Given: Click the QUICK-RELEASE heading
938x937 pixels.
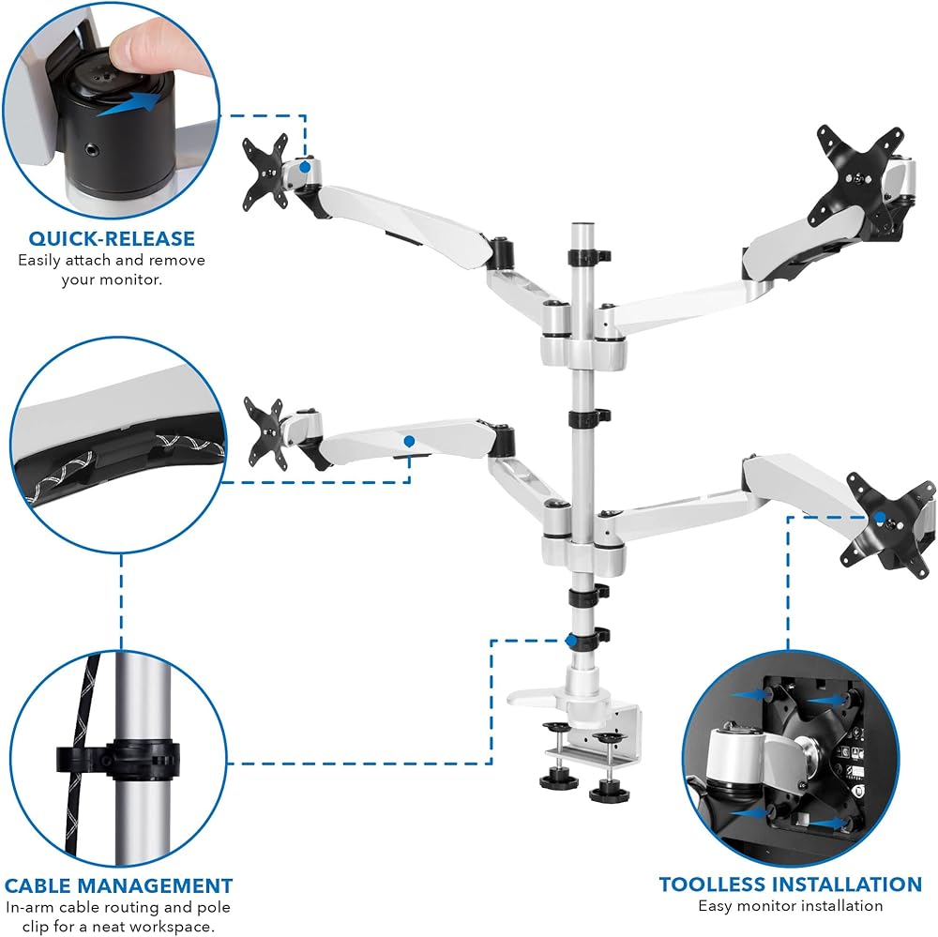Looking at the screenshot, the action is (x=112, y=238).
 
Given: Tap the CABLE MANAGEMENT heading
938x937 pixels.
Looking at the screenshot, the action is (x=118, y=885).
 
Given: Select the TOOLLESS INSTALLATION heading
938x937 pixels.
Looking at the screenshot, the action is (x=790, y=884).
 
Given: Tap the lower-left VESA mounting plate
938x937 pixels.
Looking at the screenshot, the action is (x=266, y=433).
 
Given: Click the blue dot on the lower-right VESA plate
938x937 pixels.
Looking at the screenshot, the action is (x=880, y=518).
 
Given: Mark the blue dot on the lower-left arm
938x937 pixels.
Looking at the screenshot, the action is (x=409, y=442).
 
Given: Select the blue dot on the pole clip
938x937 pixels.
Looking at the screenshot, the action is (x=571, y=641).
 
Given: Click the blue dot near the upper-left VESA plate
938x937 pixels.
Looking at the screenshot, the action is (x=305, y=167).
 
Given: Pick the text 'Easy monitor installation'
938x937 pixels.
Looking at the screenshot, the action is (x=790, y=906).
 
